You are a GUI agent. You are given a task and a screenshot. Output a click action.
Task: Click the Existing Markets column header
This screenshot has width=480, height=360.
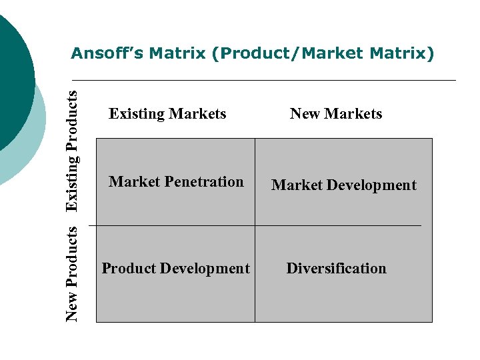coord(167,114)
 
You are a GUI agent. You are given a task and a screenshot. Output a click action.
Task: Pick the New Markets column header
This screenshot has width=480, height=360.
coord(336,114)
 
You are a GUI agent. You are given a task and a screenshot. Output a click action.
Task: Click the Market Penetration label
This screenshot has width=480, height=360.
coord(176,182)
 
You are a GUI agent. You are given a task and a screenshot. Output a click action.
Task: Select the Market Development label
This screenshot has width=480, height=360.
coord(343,185)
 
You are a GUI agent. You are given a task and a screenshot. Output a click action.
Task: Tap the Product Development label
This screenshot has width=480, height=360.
coord(175,269)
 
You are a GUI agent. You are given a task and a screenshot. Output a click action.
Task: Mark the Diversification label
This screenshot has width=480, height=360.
coord(336,269)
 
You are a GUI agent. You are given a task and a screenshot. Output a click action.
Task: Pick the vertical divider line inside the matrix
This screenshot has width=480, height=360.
coord(255,280)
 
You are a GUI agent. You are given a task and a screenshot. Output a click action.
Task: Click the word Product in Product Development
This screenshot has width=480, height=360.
coord(129,269)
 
